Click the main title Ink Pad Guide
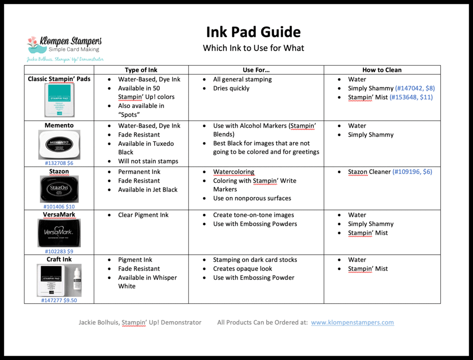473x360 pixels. click(253, 32)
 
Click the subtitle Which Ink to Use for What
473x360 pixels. click(253, 48)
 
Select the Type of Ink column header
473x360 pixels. click(141, 70)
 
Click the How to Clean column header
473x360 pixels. click(382, 70)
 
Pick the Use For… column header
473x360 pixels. click(256, 70)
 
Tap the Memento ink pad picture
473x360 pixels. click(59, 144)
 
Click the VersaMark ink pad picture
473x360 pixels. click(59, 233)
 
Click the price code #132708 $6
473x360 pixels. click(59, 163)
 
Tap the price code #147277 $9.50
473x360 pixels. click(59, 300)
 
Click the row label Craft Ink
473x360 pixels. click(59, 259)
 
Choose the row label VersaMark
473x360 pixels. click(59, 215)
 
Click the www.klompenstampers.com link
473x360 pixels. click(352, 323)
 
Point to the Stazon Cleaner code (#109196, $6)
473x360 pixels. click(412, 172)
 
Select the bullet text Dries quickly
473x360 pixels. click(231, 88)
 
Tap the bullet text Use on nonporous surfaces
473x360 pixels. click(252, 198)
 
